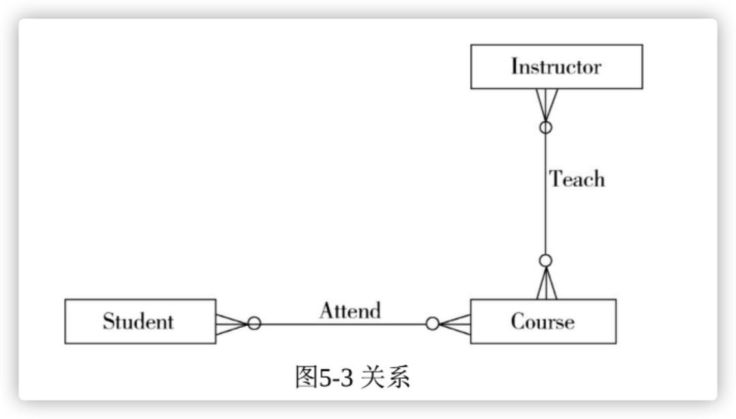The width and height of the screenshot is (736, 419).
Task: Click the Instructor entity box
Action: coord(556,67)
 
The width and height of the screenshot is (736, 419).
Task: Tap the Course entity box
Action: coord(543,321)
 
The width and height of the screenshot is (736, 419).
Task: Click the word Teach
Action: coord(577,179)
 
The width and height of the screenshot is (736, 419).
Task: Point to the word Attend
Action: coord(350,311)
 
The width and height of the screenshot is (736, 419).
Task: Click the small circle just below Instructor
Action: coord(545,127)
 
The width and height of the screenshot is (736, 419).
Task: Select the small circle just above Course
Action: coord(545,260)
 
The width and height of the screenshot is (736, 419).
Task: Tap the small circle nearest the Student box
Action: coord(254,324)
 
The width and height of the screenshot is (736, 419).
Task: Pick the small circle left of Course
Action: coord(432,324)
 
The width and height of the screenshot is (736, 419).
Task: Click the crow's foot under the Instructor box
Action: coord(545,104)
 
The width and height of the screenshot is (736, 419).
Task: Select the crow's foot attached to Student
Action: coord(232,324)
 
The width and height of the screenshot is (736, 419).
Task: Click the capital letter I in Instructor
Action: coord(515,67)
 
